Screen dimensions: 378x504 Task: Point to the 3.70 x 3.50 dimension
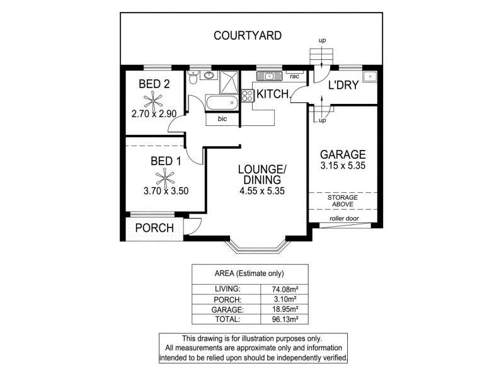pyautogui.click(x=165, y=192)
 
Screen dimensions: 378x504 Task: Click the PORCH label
pyautogui.click(x=154, y=228)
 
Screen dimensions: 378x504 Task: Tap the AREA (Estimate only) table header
pyautogui.click(x=249, y=273)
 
